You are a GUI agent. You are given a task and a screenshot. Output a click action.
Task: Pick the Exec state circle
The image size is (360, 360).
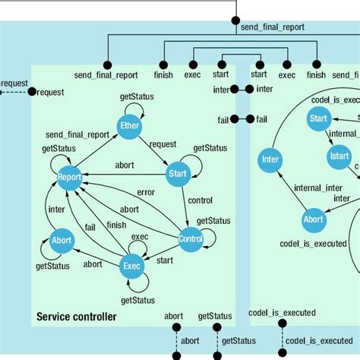(131, 266)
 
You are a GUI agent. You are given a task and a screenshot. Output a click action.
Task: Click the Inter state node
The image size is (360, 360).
(270, 159)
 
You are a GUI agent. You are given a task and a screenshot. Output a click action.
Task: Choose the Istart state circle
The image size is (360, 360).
(339, 156)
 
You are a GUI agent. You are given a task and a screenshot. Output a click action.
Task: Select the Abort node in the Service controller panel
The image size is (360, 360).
(62, 241)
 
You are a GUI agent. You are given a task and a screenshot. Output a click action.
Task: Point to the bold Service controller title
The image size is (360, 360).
(77, 316)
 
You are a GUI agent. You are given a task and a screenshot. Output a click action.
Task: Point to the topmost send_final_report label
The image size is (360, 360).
(272, 27)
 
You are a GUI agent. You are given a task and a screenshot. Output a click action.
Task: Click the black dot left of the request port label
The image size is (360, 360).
(32, 92)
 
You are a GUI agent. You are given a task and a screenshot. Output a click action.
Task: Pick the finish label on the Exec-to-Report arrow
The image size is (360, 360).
(116, 225)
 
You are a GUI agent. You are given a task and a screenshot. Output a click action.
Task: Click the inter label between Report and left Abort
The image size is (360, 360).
(56, 209)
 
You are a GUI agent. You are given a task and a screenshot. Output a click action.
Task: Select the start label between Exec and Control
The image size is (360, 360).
(164, 260)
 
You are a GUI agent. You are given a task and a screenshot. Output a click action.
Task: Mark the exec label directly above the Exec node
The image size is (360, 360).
(140, 236)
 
